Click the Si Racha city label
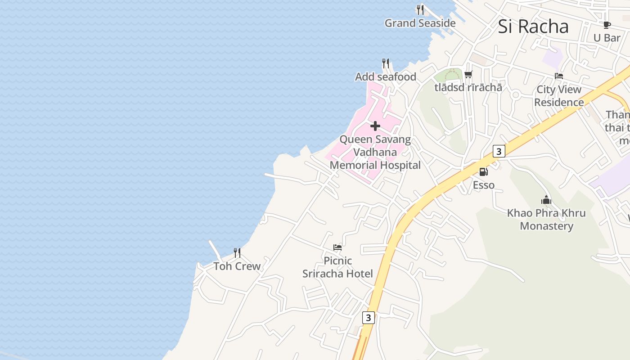point(533,27)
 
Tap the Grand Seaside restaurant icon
point(420,9)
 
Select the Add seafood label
point(386,77)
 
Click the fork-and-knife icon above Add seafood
point(386,63)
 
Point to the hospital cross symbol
point(375,126)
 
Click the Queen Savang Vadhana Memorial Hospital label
point(375,152)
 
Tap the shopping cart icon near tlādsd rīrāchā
point(468,74)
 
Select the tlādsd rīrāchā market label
point(468,87)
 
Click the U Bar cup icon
point(607,25)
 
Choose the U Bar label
point(607,38)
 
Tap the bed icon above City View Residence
point(559,76)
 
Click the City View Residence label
point(559,96)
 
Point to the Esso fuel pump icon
point(483,171)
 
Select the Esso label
point(483,185)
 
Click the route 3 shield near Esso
point(498,151)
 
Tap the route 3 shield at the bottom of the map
point(369,318)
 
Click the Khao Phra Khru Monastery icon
point(546,200)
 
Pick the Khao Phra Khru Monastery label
point(546,219)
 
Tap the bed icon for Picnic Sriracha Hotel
point(337,247)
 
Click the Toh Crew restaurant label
point(237,266)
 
